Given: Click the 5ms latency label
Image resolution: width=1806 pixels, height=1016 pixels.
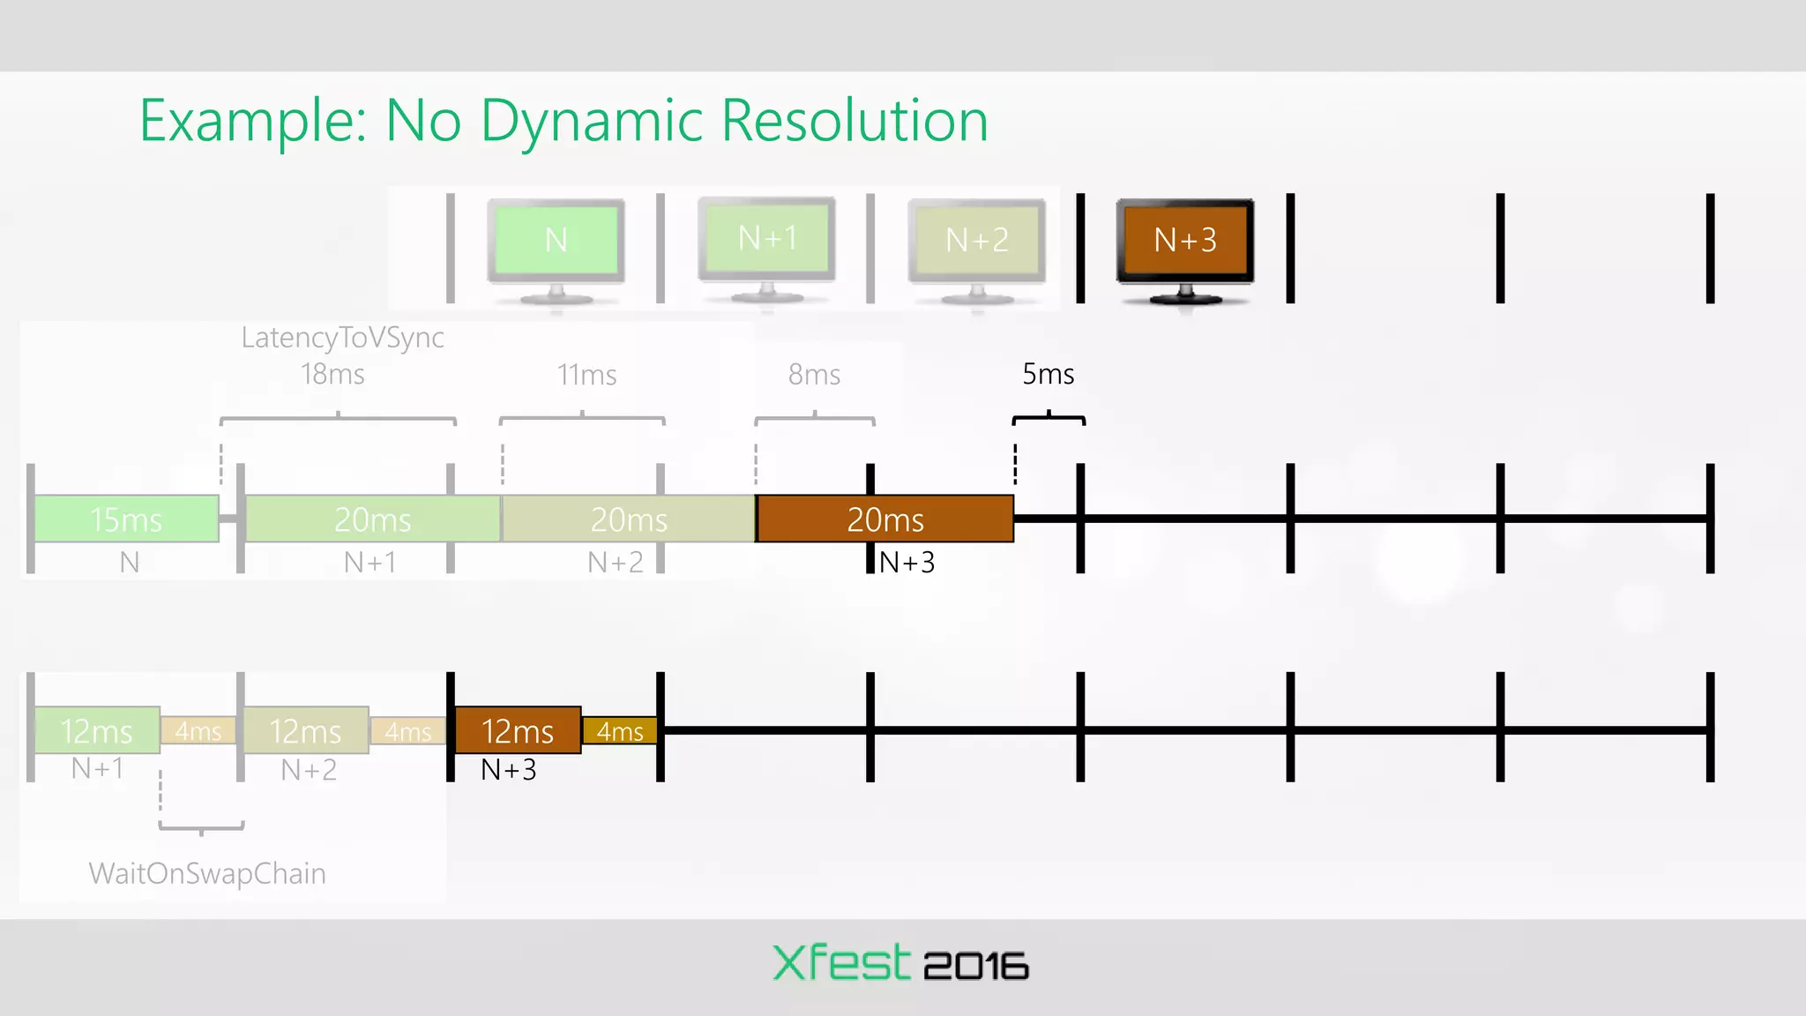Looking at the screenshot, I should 1048,374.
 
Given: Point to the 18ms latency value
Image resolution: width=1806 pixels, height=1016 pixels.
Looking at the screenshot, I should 332,374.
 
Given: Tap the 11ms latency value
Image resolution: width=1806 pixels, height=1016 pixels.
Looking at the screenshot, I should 586,375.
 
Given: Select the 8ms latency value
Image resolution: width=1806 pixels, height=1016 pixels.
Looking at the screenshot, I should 814,375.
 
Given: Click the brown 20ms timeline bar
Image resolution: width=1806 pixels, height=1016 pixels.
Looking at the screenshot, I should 885,519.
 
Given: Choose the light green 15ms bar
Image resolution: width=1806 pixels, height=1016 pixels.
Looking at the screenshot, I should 126,519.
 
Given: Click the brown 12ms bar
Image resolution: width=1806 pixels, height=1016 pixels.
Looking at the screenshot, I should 518,730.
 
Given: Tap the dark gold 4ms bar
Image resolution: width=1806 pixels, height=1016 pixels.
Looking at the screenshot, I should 620,731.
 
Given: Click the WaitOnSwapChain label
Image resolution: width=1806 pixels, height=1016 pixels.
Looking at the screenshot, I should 207,873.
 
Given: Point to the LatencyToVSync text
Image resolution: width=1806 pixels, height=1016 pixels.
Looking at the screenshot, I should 342,337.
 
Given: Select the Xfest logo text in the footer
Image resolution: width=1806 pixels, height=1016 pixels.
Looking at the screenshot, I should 840,962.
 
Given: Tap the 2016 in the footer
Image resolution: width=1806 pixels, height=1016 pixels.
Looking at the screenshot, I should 975,966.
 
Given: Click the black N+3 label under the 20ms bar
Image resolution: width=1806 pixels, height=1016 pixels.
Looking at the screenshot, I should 907,562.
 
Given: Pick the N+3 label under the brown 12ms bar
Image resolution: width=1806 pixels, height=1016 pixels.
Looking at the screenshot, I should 509,770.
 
